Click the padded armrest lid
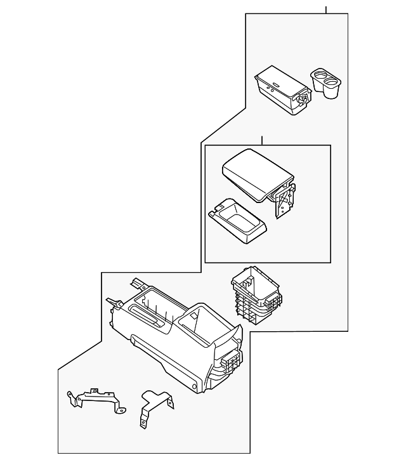254,174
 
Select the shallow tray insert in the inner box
238,223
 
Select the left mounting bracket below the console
94,400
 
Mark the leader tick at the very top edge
326,10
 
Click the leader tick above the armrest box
261,140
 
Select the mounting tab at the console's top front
136,283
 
